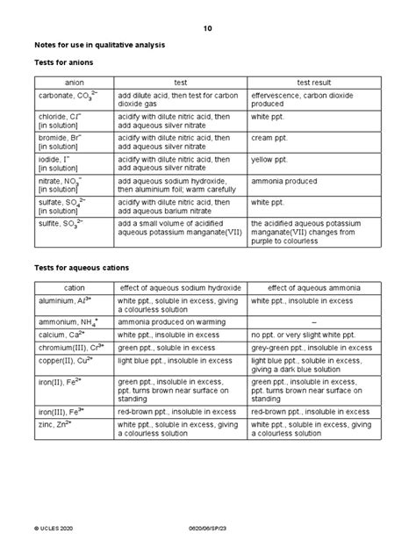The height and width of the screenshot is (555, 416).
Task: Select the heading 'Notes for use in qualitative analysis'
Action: point(100,44)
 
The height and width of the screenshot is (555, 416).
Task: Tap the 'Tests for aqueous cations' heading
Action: point(82,266)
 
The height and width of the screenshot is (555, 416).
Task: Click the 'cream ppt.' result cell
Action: point(271,139)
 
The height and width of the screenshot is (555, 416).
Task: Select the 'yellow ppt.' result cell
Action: point(272,160)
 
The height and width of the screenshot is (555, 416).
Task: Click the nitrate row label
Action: point(58,181)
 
